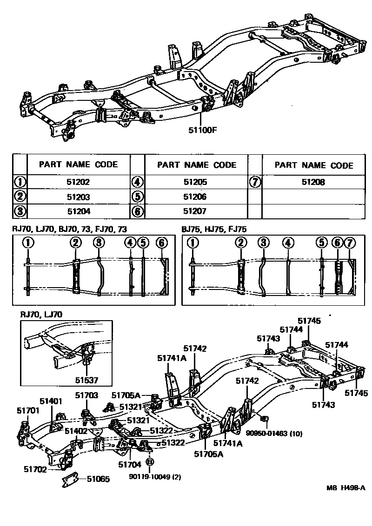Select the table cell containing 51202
click(x=78, y=183)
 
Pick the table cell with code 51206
click(x=195, y=197)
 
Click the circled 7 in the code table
click(x=254, y=183)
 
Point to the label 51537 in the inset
click(x=87, y=380)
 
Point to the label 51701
click(x=27, y=410)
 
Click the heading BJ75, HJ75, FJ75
click(x=214, y=229)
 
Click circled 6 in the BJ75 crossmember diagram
click(x=337, y=243)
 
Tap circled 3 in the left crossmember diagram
click(x=98, y=243)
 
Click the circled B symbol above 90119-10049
click(x=150, y=462)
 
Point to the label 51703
click(x=87, y=395)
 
